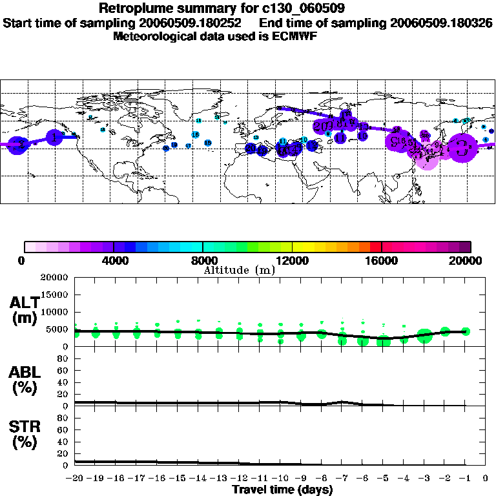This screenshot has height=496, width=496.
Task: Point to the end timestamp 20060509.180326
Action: click(442, 23)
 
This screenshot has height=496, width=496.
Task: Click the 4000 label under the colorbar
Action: click(114, 260)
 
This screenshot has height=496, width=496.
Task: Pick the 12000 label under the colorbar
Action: click(292, 260)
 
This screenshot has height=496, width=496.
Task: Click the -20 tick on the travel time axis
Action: click(75, 479)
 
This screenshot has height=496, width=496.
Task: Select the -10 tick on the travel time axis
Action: click(280, 479)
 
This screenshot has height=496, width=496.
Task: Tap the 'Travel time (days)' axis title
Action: click(282, 490)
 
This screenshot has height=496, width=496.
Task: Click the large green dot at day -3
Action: click(424, 336)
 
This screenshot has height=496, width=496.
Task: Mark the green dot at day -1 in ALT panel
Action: click(466, 331)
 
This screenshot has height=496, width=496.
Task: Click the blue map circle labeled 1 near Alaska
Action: click(55, 138)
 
